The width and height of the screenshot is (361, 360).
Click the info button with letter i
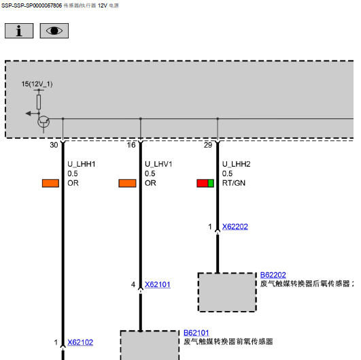(19, 31)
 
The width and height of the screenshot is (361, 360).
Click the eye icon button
(54, 31)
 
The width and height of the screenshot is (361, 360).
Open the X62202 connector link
(235, 227)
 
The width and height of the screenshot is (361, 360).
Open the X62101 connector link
(158, 284)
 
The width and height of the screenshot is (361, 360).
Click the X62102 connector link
(80, 342)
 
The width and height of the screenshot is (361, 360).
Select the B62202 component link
(273, 275)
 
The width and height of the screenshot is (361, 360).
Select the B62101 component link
(196, 333)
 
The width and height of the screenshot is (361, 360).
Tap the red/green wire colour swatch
(205, 183)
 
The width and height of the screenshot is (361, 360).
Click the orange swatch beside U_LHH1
(50, 183)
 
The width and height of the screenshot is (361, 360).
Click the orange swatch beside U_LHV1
(127, 183)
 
